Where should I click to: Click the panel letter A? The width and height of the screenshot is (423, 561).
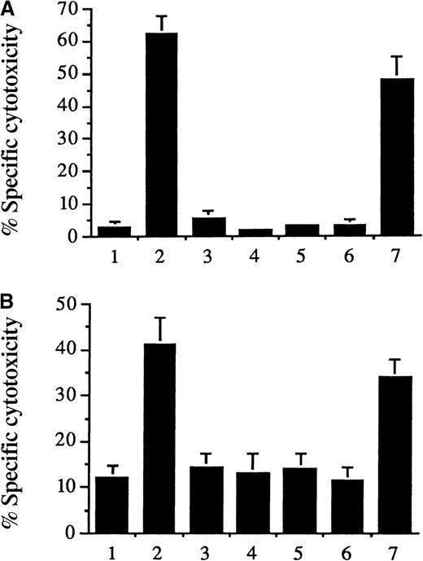pyautogui.click(x=7, y=7)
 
